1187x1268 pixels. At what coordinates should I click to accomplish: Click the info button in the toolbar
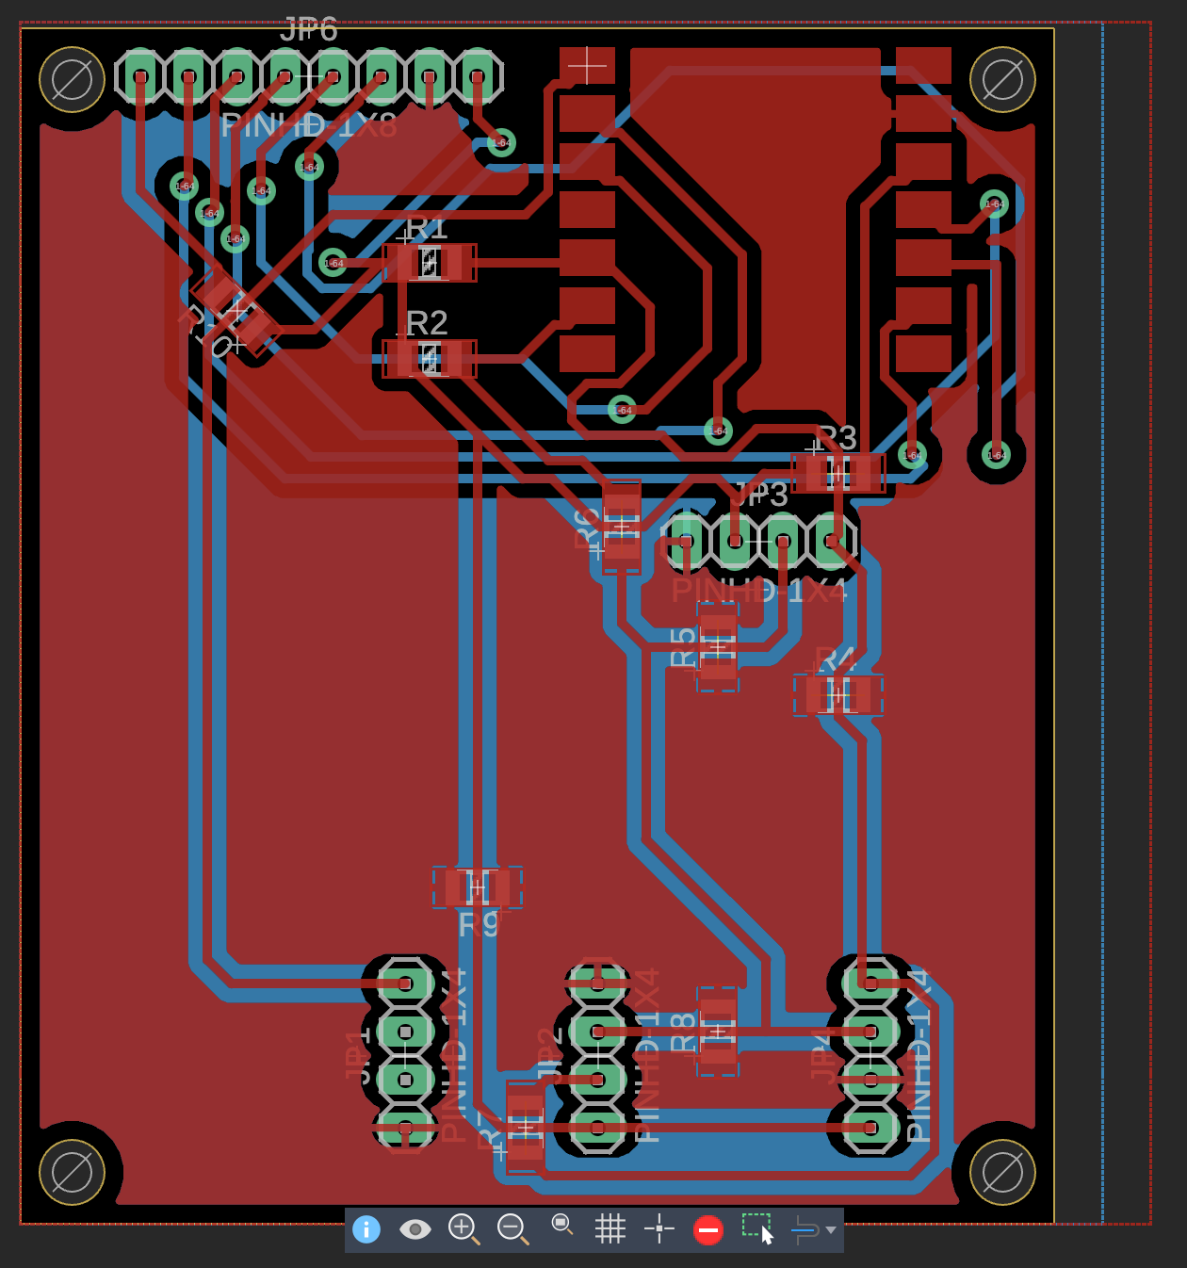pos(366,1229)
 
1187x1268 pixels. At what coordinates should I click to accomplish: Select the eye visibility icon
pos(415,1229)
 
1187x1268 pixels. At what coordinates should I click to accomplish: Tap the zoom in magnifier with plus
pos(463,1227)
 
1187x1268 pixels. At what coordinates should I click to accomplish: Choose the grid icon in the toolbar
pos(610,1228)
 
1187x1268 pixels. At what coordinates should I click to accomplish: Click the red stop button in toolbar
pos(707,1229)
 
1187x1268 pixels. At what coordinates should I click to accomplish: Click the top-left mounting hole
pos(72,79)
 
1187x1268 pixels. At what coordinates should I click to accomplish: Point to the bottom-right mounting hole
pos(1002,1172)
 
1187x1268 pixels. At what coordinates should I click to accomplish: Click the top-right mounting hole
pos(1002,79)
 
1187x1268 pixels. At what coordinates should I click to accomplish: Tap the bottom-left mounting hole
pos(72,1172)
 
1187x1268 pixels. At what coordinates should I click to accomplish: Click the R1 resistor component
pos(430,263)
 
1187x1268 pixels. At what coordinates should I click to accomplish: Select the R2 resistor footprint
pos(430,358)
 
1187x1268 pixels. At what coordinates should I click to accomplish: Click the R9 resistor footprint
pos(478,887)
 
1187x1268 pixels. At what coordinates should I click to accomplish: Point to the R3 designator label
pos(836,437)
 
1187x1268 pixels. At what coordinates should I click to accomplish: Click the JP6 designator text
pos(309,30)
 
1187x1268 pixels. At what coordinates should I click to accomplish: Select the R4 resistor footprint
pos(838,695)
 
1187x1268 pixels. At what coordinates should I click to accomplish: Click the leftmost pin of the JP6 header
pos(140,76)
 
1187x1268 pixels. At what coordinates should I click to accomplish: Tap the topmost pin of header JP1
pos(405,984)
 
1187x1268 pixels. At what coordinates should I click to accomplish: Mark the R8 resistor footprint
pos(718,1031)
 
